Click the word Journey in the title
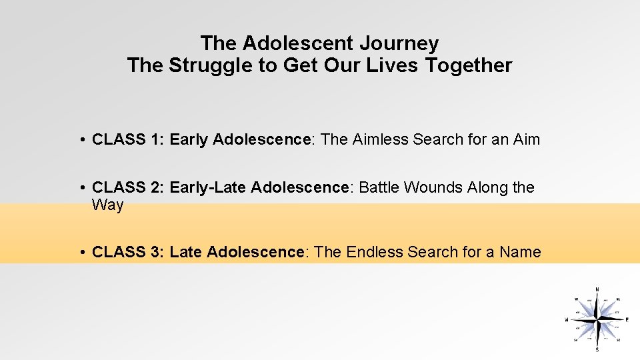click(x=399, y=44)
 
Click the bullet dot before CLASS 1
click(x=80, y=140)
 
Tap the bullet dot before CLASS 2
click(x=80, y=188)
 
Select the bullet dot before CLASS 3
click(x=80, y=252)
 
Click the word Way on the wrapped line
click(x=108, y=205)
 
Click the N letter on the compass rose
click(x=597, y=289)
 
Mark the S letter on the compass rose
click(x=597, y=350)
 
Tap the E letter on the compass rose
click(x=627, y=319)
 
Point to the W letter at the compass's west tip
click(x=567, y=320)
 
